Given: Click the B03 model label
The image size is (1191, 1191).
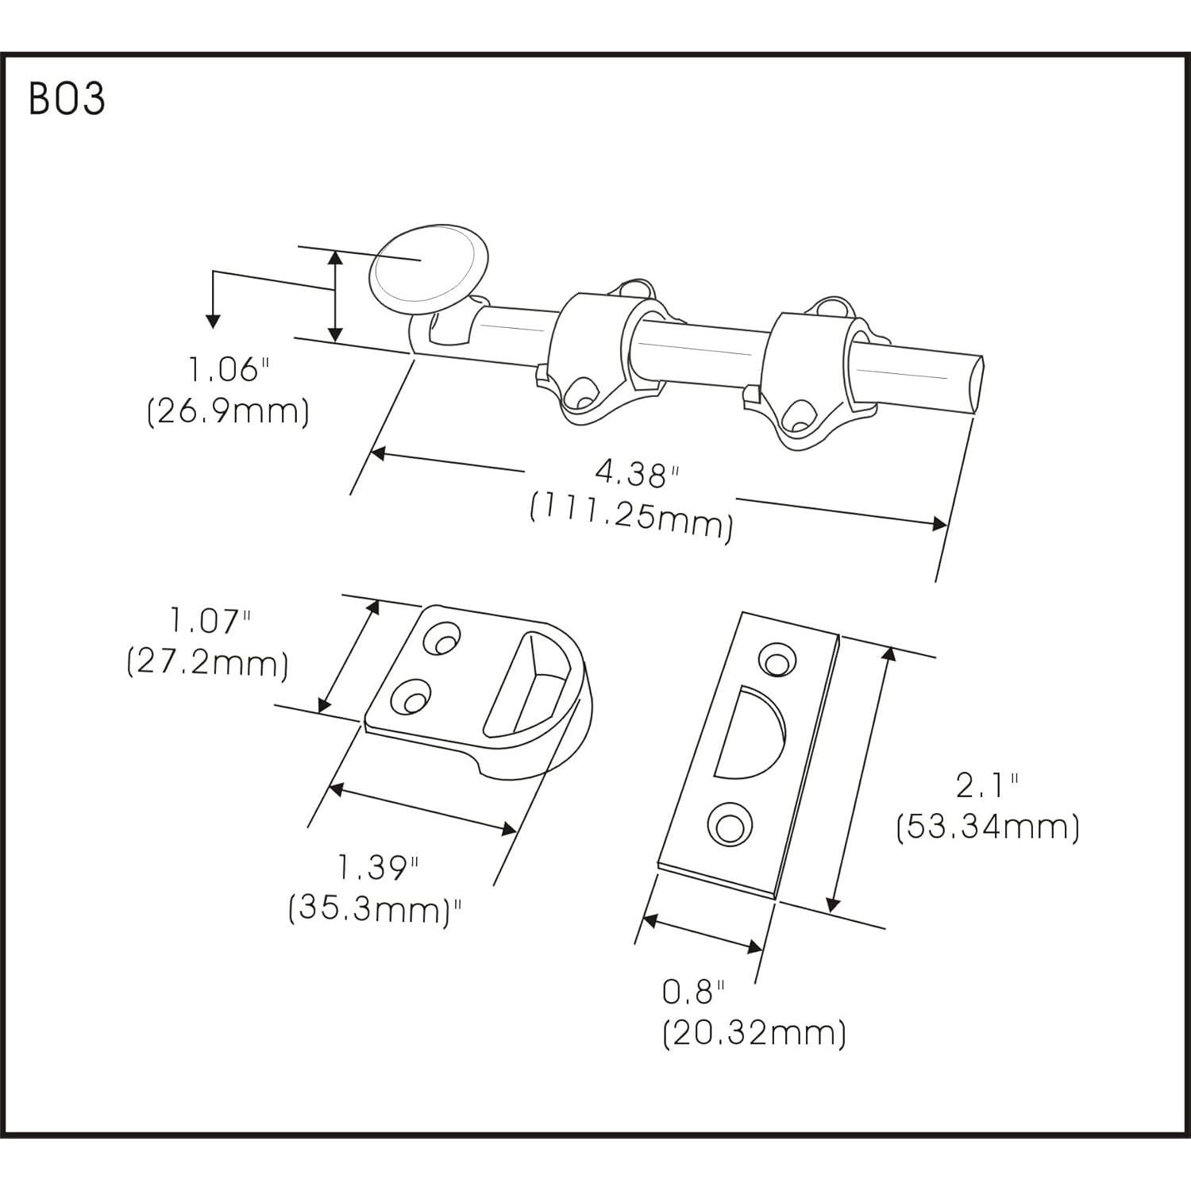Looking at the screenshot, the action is tap(67, 99).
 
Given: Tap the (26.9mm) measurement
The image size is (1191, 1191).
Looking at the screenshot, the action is tap(228, 412).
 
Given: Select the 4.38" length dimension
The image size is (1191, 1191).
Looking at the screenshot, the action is tap(638, 475).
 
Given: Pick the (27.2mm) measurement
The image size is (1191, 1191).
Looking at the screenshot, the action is tap(207, 662).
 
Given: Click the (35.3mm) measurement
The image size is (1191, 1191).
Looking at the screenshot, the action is tap(376, 908).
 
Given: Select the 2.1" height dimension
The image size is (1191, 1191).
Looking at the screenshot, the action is tap(987, 786).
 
